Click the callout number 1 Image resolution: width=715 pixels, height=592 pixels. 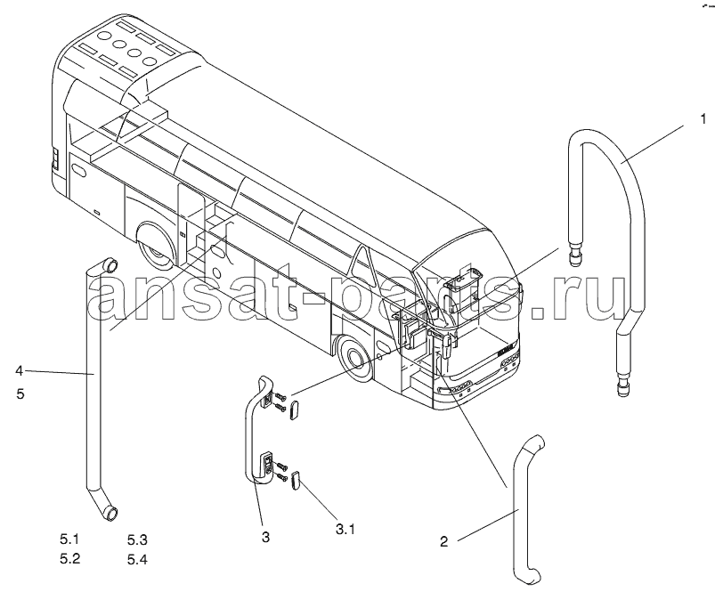703,119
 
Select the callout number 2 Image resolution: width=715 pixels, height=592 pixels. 444,541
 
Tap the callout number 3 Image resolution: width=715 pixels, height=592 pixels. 266,537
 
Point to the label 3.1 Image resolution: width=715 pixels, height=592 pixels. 345,529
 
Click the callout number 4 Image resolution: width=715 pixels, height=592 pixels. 19,370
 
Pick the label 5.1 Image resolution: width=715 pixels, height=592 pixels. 69,539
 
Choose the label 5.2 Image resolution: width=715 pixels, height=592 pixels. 69,558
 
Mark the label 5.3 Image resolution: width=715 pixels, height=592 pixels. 137,540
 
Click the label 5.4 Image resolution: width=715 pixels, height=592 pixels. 137,559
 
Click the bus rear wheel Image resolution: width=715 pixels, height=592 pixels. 154,247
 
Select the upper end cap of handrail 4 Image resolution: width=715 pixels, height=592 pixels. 110,264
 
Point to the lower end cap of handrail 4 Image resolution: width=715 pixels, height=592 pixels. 110,513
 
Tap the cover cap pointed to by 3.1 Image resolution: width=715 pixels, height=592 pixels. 295,481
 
